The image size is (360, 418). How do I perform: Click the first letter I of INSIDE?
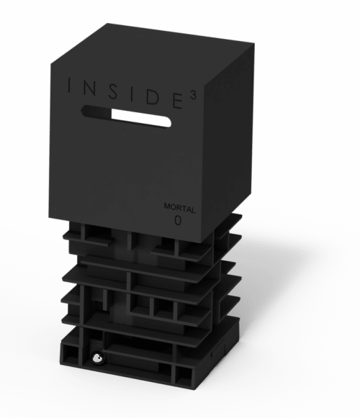coord(70,85)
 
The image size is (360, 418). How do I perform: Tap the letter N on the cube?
coord(89,88)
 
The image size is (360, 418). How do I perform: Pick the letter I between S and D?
coord(132,94)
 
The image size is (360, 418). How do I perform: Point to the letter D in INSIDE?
coord(153,98)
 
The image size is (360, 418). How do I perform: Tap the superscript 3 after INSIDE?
coord(194,96)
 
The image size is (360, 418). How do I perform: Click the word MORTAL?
coord(179,208)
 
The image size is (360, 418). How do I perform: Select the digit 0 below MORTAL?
coord(178,220)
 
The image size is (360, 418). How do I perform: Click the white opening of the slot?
coord(141,118)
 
